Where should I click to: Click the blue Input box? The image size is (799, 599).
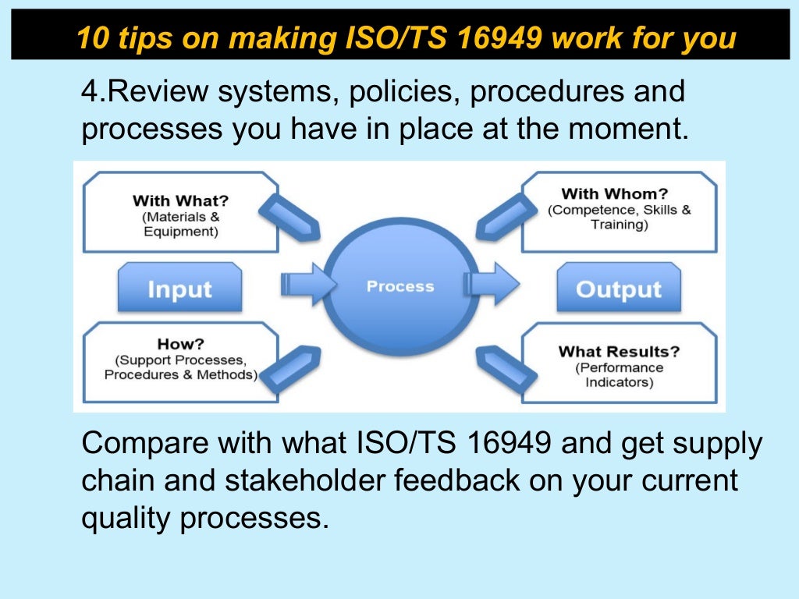point(179,289)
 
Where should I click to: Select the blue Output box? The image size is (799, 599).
point(618,289)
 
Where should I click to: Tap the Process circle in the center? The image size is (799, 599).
point(400,286)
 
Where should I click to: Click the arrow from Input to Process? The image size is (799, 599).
point(306,285)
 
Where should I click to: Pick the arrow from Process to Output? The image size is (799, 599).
point(495,285)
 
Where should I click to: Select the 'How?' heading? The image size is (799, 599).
point(180,344)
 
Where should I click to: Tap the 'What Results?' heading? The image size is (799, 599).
point(619,351)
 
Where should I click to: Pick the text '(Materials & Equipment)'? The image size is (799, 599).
point(180,224)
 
